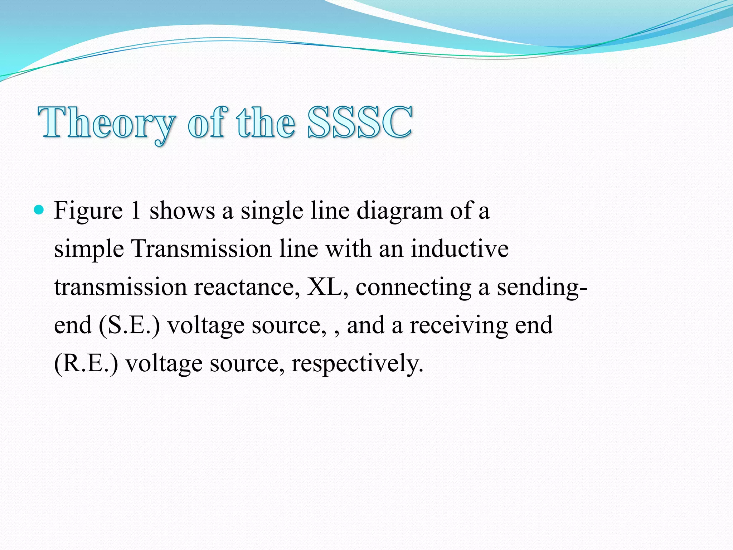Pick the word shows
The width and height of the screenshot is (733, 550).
[182, 211]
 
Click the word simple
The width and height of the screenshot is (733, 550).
[89, 249]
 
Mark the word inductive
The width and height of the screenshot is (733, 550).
[460, 249]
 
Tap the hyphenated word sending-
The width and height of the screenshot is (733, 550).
[542, 288]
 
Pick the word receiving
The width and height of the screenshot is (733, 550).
[458, 325]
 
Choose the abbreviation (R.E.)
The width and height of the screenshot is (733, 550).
[86, 364]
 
